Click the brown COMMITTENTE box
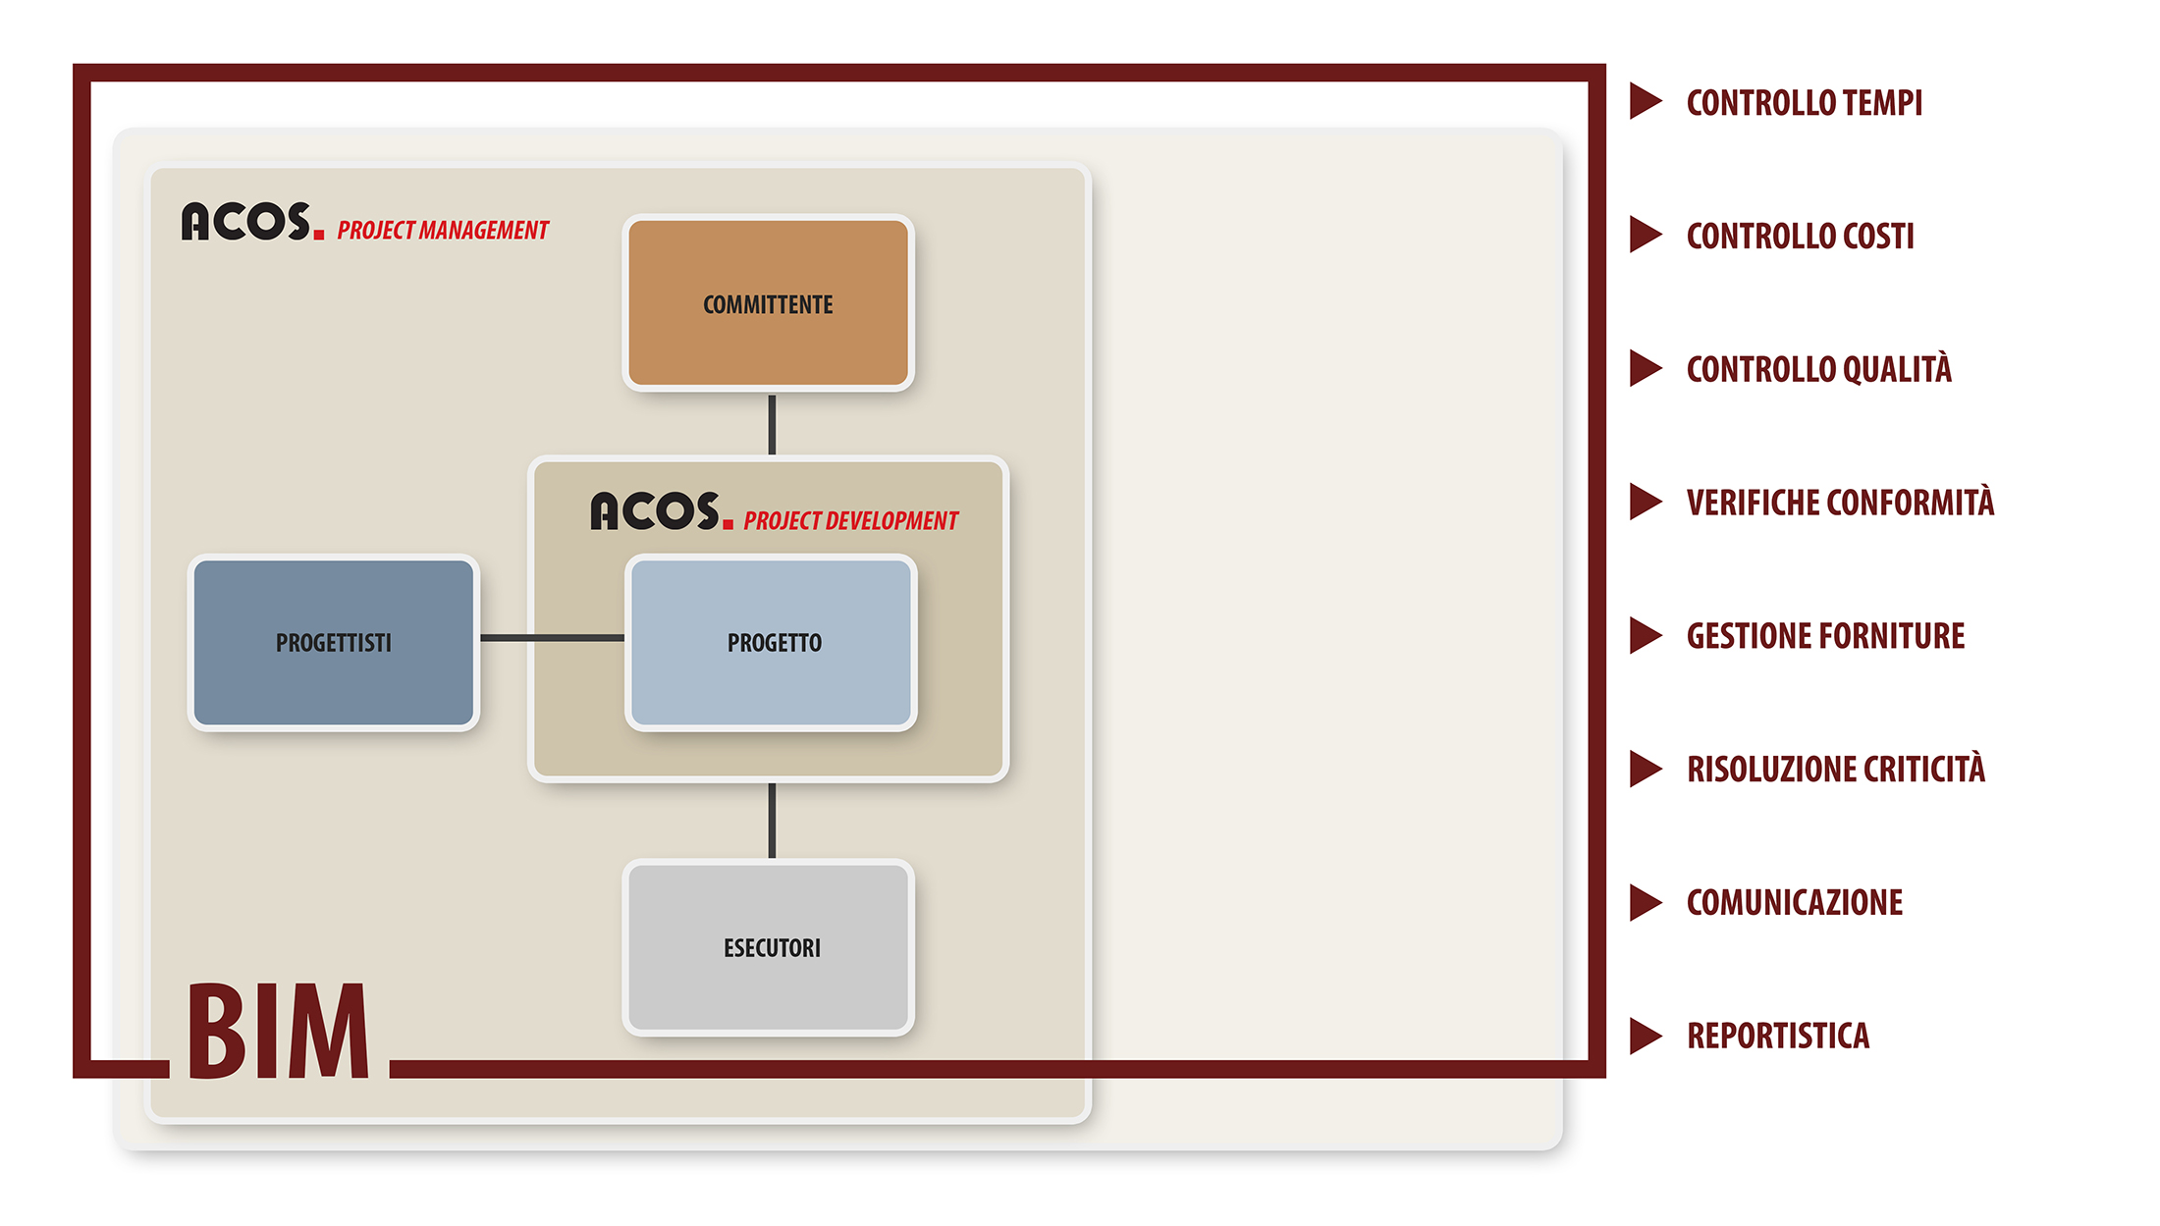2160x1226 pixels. tap(768, 302)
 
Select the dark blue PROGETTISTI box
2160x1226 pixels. tap(334, 642)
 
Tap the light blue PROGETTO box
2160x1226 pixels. tap(772, 642)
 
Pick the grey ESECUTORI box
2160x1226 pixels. tap(769, 947)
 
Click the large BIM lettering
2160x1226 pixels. tap(279, 1031)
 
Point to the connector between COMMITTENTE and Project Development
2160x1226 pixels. tap(772, 424)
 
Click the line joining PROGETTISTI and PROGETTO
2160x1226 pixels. tap(552, 638)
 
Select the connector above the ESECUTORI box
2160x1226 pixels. tap(772, 821)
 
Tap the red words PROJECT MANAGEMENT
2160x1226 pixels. tap(443, 231)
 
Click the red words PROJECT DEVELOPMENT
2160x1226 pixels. tap(850, 521)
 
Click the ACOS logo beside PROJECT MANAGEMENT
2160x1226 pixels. tap(252, 221)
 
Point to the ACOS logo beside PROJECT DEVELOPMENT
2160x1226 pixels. tap(662, 511)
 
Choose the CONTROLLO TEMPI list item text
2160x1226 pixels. tap(1805, 102)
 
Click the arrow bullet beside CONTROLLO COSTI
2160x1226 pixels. tap(1646, 235)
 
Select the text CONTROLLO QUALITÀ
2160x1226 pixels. tap(1819, 368)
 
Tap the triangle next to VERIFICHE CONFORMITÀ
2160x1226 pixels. tap(1646, 502)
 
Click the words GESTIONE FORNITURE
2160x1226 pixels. tap(1826, 636)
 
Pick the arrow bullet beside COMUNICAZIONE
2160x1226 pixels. tap(1646, 902)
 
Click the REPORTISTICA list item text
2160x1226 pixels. tap(1778, 1036)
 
